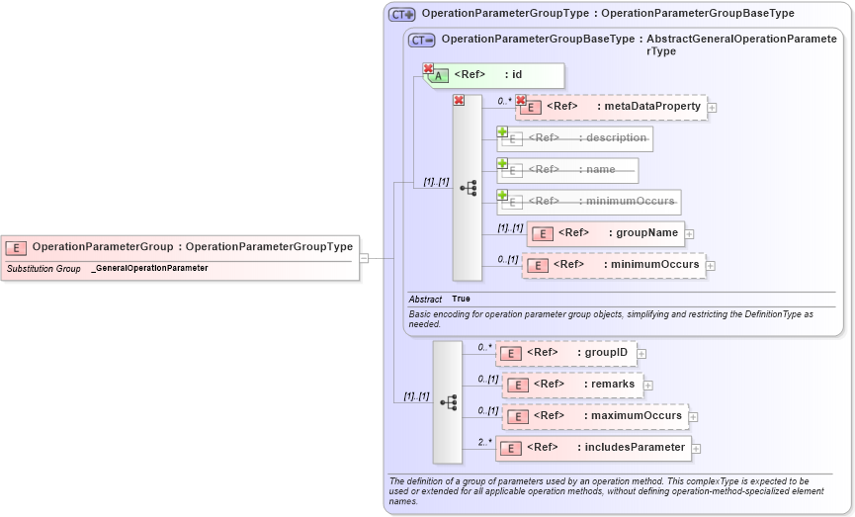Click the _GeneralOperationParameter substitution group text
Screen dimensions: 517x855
[149, 268]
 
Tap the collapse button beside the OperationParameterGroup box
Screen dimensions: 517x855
[364, 257]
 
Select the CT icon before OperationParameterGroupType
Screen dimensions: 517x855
[401, 14]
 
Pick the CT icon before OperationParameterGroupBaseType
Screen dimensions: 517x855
[422, 40]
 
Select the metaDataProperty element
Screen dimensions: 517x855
[613, 107]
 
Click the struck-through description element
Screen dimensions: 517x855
[575, 138]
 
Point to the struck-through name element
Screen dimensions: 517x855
[568, 170]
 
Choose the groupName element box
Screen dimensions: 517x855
[605, 233]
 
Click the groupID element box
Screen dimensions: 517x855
[565, 352]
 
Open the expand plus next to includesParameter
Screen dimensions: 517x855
[697, 449]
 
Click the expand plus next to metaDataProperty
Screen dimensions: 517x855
[712, 108]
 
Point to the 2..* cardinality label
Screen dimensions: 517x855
[484, 442]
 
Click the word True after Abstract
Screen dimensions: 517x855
[461, 299]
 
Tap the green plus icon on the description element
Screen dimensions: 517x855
[502, 132]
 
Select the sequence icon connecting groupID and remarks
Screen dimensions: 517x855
[448, 402]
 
